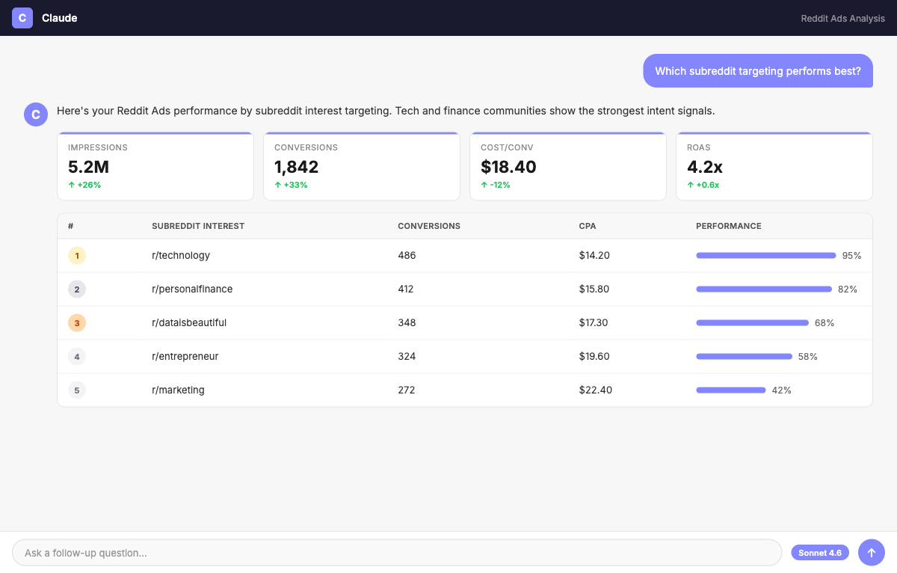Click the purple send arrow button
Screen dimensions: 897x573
click(x=871, y=553)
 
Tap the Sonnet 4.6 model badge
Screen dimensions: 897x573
click(x=820, y=553)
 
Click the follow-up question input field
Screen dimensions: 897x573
click(x=397, y=553)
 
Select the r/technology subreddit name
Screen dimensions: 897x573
click(x=181, y=255)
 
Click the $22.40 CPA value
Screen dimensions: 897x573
click(x=595, y=390)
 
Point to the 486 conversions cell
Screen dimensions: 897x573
click(x=407, y=255)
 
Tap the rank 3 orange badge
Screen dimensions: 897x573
click(x=77, y=322)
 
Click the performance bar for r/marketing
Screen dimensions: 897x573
click(x=731, y=390)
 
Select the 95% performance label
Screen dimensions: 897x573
click(x=851, y=256)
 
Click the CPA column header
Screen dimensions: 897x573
click(x=587, y=226)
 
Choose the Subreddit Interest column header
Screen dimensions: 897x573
click(x=198, y=226)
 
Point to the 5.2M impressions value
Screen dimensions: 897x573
click(x=88, y=167)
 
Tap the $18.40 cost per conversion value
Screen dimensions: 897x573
click(x=508, y=167)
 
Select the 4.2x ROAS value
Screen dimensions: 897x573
click(x=704, y=167)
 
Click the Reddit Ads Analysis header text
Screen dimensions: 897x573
click(x=842, y=19)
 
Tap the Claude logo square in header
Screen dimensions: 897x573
click(x=22, y=18)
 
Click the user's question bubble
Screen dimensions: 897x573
click(x=758, y=71)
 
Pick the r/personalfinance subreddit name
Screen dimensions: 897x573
click(x=192, y=289)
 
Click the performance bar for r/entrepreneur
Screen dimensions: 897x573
click(x=744, y=356)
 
